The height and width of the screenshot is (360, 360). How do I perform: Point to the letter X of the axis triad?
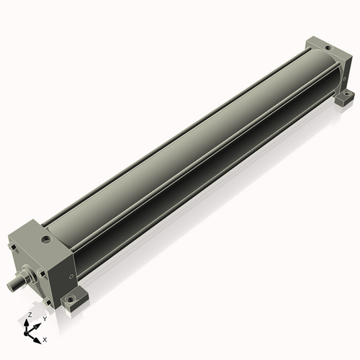[45, 338]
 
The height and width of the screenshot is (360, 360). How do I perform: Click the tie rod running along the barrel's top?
[180, 130]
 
